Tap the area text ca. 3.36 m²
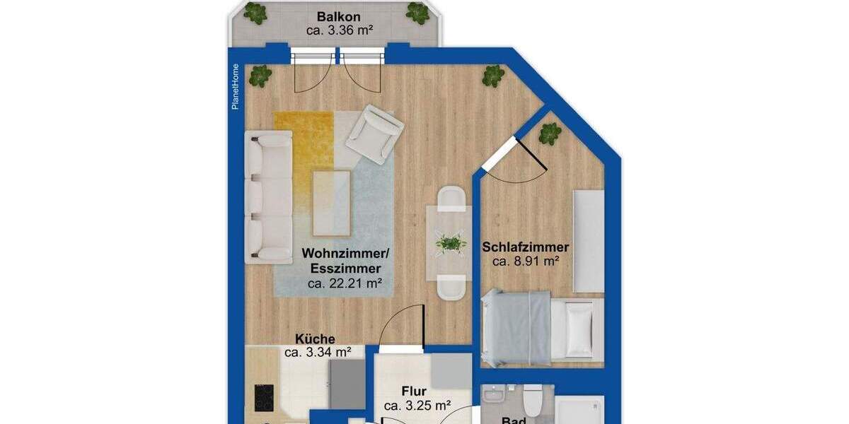(x=340, y=30)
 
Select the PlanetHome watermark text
(x=236, y=86)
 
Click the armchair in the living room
(x=374, y=134)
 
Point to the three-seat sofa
(x=268, y=197)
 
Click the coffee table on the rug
(x=332, y=203)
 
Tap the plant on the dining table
(x=451, y=244)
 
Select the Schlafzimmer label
(x=525, y=247)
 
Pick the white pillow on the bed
(x=579, y=329)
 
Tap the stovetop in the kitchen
(x=264, y=398)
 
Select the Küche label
(x=315, y=339)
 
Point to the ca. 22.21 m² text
(x=345, y=283)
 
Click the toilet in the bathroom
(x=533, y=401)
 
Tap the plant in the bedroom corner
(x=550, y=133)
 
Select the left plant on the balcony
(x=255, y=12)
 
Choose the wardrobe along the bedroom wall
(x=589, y=240)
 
